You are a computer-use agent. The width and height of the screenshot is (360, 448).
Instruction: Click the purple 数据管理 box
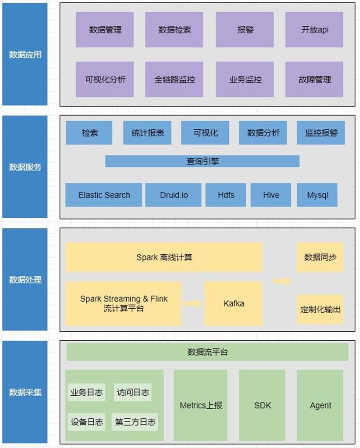105,29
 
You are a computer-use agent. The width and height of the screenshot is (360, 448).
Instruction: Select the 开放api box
314,29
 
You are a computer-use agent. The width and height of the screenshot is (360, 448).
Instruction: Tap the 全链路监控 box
174,79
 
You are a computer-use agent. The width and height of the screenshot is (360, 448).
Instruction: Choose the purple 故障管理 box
314,79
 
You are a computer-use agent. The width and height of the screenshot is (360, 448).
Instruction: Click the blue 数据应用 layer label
25,54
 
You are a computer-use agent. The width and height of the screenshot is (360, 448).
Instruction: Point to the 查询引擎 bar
203,161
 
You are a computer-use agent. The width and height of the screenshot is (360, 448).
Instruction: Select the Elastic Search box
104,195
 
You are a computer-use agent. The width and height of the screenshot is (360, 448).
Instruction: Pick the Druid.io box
173,195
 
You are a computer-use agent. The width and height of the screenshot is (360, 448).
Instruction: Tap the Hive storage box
271,195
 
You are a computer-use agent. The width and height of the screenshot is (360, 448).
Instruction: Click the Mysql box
317,195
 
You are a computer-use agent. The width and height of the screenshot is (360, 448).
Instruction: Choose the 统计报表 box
147,133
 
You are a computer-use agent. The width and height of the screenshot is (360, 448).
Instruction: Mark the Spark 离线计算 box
164,257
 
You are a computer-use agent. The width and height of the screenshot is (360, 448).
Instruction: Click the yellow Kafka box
233,303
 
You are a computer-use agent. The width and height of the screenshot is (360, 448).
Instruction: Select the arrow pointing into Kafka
193,303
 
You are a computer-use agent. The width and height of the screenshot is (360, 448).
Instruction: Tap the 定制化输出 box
320,309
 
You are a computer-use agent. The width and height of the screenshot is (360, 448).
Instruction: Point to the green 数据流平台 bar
208,352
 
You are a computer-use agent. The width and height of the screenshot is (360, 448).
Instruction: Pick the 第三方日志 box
135,422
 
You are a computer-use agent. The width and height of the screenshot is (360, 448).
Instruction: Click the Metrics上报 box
200,405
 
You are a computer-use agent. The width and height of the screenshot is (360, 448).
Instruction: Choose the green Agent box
320,405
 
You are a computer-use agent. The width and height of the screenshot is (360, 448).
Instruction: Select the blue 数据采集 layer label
25,392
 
